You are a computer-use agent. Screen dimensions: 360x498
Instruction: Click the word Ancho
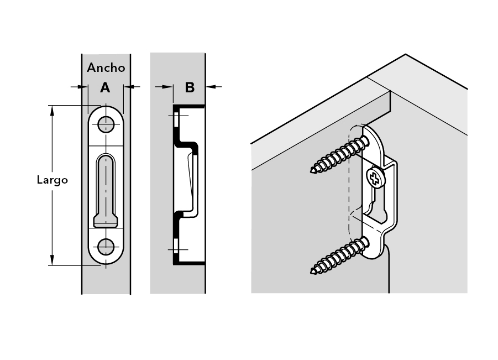106,68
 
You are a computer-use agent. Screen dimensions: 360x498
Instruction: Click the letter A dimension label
105,87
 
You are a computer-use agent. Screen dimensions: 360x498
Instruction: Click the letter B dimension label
190,87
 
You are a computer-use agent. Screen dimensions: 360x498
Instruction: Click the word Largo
52,180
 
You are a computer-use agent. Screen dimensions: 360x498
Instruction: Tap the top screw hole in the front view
106,124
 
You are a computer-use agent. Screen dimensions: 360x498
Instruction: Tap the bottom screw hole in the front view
106,246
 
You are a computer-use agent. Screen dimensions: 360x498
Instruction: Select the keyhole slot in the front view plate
106,188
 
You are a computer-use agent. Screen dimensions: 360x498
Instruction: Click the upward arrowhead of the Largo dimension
53,110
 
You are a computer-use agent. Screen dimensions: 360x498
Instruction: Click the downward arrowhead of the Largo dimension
53,260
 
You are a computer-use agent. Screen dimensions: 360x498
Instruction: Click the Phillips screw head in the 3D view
374,178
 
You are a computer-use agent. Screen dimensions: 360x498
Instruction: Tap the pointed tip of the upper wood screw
313,170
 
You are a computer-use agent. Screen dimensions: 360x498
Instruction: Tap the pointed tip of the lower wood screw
313,271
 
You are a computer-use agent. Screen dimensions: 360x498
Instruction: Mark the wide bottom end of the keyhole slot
106,221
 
